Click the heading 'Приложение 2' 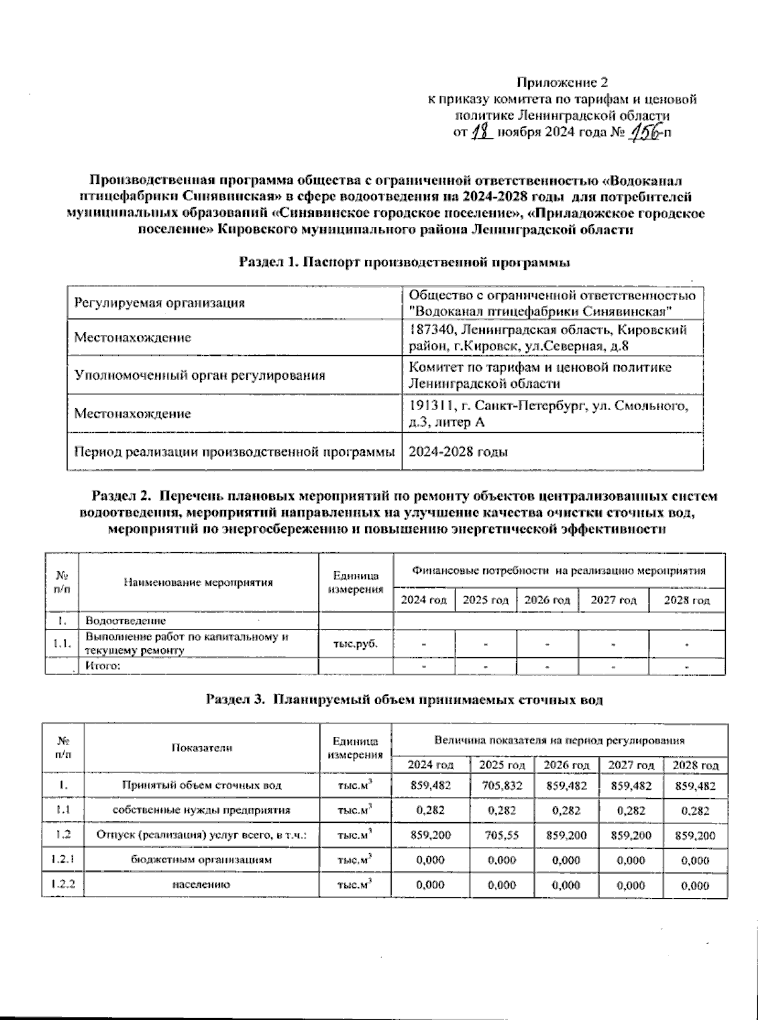(562, 82)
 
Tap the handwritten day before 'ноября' (482, 132)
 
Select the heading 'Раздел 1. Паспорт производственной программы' (404, 262)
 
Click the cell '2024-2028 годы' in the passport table (459, 452)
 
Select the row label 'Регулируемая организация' (159, 303)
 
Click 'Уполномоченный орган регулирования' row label (200, 375)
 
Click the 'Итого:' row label (103, 666)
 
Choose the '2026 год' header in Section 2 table (547, 600)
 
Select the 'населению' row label (201, 885)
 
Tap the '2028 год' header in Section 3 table (695, 765)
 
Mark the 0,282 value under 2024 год (430, 811)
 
